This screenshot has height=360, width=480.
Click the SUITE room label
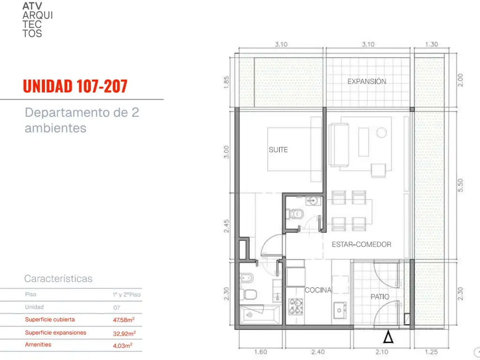[278, 150]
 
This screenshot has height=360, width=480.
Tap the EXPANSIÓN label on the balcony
[367, 82]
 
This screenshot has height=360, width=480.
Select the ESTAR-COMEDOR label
[361, 244]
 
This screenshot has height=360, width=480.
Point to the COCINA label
[318, 290]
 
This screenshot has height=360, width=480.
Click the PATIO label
[380, 297]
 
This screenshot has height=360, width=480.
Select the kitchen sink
[339, 310]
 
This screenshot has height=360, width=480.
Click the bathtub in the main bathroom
[259, 315]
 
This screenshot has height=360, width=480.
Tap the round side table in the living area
[382, 133]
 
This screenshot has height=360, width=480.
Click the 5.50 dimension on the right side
[460, 186]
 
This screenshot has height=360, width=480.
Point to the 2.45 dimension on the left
[226, 226]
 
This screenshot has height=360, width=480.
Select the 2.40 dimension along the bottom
[318, 352]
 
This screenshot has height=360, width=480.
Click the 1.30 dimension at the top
[431, 45]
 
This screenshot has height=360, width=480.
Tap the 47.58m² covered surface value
[124, 320]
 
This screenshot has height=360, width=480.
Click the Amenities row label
[38, 345]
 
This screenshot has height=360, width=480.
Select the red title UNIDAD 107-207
[75, 86]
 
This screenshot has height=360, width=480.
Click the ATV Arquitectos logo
[37, 20]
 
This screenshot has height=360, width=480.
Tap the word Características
[58, 278]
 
